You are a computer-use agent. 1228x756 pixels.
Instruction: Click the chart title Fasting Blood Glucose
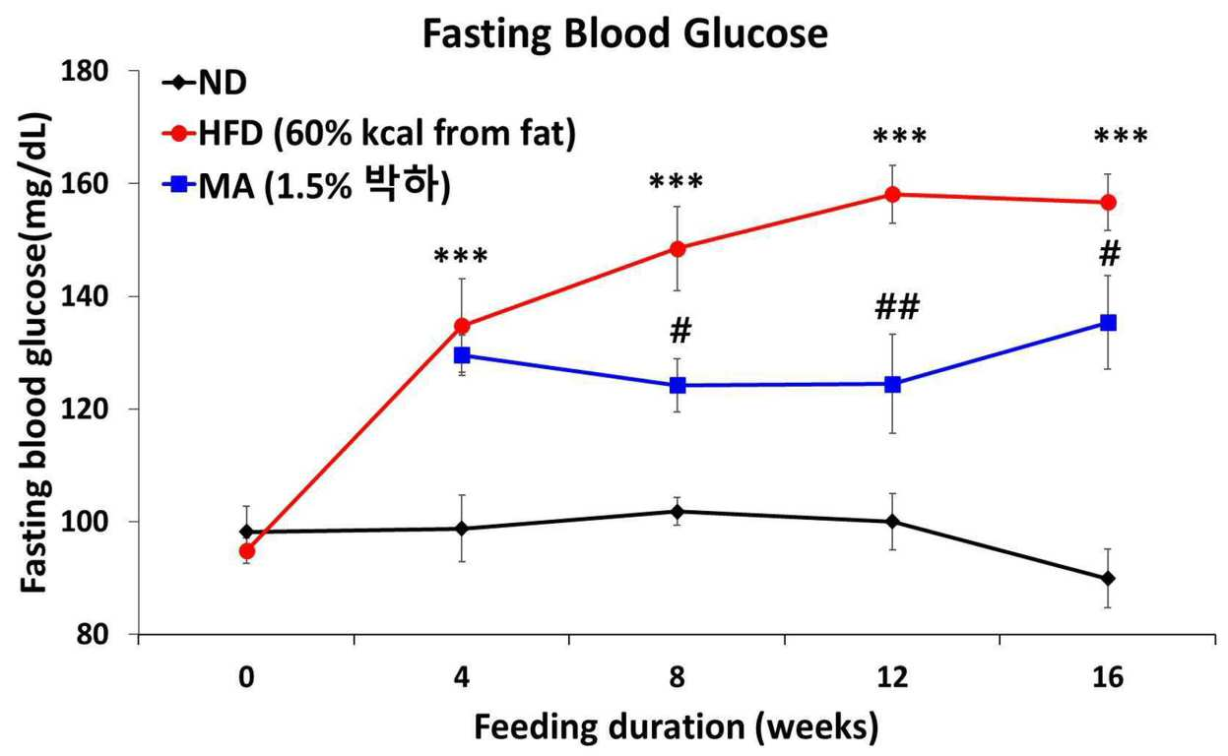pos(625,35)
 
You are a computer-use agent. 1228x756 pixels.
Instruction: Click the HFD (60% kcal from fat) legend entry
pos(369,134)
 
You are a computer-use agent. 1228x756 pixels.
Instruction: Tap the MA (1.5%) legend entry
pos(306,185)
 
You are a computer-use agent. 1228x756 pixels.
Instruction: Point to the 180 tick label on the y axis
pos(85,71)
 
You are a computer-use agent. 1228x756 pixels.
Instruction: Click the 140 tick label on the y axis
pos(85,296)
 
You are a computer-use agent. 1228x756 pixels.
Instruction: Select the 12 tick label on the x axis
pos(892,677)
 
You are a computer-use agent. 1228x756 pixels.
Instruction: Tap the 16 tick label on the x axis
pos(1108,677)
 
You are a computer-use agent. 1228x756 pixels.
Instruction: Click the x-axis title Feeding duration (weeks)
pos(676,727)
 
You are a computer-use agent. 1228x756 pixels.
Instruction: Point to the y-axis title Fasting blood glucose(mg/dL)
pos(35,352)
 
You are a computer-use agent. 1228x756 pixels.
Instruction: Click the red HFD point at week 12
pos(892,194)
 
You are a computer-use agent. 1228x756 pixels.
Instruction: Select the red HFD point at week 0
pos(247,550)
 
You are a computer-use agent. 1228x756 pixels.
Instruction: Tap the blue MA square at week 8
pos(678,385)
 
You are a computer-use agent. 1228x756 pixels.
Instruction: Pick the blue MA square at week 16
pos(1108,323)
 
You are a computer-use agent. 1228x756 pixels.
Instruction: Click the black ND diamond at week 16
pos(1108,579)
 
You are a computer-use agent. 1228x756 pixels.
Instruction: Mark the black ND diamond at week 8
pos(678,512)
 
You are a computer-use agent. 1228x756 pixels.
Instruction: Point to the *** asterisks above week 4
pos(461,255)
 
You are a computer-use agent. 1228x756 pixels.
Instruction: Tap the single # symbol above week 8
pos(680,332)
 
